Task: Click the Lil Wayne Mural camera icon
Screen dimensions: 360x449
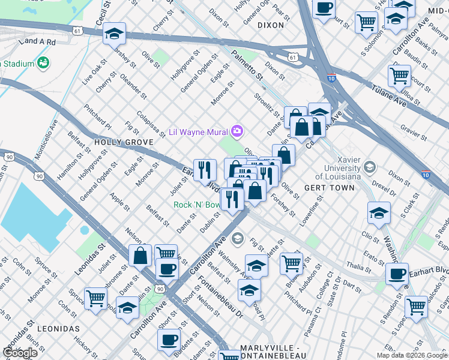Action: [238, 131]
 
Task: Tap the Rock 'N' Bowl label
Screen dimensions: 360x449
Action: [196, 205]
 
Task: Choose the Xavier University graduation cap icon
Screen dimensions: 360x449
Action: [370, 167]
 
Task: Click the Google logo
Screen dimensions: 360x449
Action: [20, 353]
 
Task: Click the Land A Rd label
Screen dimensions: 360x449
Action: [37, 42]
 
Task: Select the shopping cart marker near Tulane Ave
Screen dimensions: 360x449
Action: [399, 76]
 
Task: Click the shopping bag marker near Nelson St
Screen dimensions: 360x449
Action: [140, 256]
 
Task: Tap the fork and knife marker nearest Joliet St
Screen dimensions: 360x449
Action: [205, 170]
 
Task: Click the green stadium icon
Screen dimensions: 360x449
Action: [43, 62]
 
